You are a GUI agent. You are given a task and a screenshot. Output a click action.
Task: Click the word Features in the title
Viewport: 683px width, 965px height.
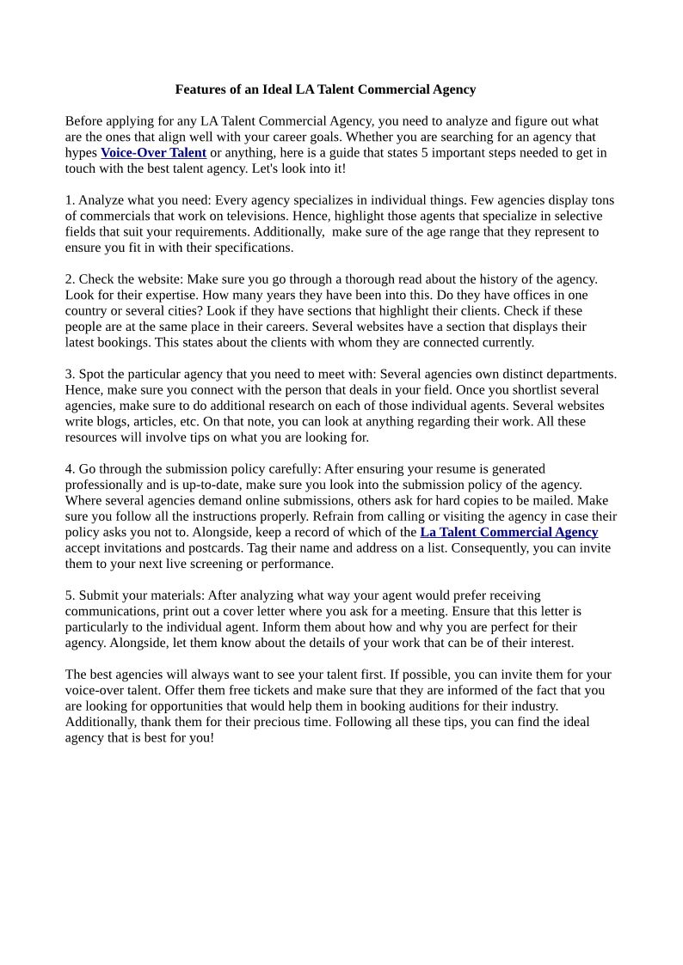pyautogui.click(x=200, y=89)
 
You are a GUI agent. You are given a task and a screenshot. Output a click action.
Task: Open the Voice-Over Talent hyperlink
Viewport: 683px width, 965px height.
pyautogui.click(x=153, y=153)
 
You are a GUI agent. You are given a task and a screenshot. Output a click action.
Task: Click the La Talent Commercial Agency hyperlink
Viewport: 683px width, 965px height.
pyautogui.click(x=508, y=532)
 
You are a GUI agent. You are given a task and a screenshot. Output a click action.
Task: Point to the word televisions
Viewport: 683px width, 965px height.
pyautogui.click(x=260, y=216)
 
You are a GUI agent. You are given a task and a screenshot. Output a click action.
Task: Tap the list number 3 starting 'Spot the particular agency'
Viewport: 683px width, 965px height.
pyautogui.click(x=69, y=374)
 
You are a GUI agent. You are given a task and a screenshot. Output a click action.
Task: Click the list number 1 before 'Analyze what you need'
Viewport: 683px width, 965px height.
pyautogui.click(x=69, y=200)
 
